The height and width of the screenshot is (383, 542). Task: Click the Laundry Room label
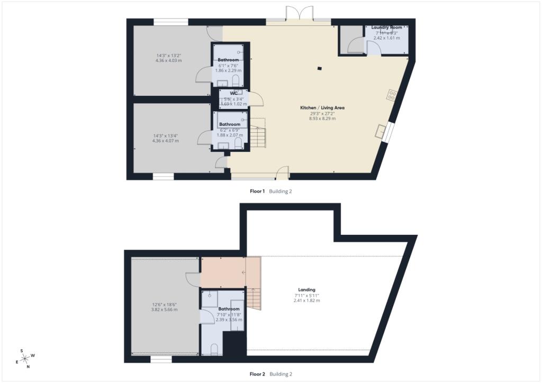tap(386, 27)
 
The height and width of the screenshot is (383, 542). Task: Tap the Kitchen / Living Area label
tap(320, 107)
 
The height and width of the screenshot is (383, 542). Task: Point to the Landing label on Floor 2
tap(306, 289)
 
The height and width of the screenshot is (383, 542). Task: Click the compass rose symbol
tap(25, 358)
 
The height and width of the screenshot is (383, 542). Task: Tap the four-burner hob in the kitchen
tap(392, 95)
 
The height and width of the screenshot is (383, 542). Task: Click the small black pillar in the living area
tap(320, 68)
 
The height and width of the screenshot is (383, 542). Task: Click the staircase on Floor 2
tap(255, 299)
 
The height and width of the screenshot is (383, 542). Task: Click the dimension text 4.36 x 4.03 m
tap(168, 61)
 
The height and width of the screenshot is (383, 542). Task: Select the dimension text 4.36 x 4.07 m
tap(165, 141)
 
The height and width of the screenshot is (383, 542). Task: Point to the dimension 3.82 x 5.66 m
tap(165, 309)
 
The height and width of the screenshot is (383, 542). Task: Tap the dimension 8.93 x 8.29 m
tap(320, 118)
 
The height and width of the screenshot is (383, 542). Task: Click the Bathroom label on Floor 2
tap(229, 309)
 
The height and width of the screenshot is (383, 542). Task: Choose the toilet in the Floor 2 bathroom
tap(215, 349)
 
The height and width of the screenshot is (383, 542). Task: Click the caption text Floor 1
tap(257, 191)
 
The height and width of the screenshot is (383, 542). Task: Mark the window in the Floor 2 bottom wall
tap(161, 359)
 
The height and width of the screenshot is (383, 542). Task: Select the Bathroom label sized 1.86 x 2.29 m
tap(229, 60)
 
